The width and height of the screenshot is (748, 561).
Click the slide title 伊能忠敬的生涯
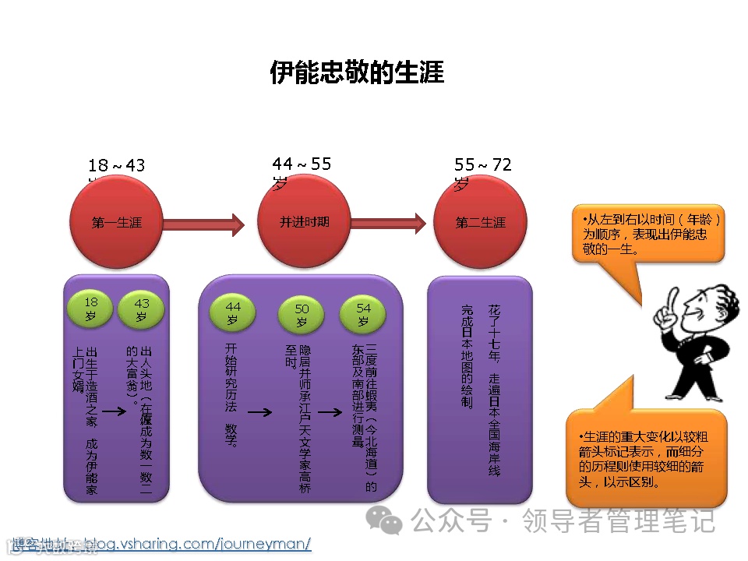coord(357,72)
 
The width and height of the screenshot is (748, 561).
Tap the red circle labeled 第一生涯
coord(116,222)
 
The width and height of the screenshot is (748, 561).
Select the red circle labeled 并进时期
coord(304,222)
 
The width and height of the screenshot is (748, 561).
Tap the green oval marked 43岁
coord(142,309)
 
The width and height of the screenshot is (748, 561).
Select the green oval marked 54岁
coord(363,313)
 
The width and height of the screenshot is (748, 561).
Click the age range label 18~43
coord(116,166)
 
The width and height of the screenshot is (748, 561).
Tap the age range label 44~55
coord(302,164)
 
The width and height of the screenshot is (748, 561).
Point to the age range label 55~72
coord(483,165)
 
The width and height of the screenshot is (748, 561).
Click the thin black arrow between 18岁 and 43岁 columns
coord(115,411)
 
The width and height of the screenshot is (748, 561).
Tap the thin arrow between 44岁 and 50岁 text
coord(259,412)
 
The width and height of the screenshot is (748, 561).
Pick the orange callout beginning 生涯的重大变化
coord(647,459)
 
